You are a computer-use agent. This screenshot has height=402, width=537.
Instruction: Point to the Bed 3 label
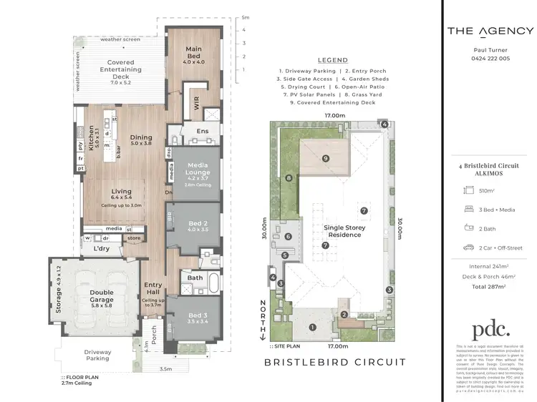198,318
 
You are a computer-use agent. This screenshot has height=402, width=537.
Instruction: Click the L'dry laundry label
102,249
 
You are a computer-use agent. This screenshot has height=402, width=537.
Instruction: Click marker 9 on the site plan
325,158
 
